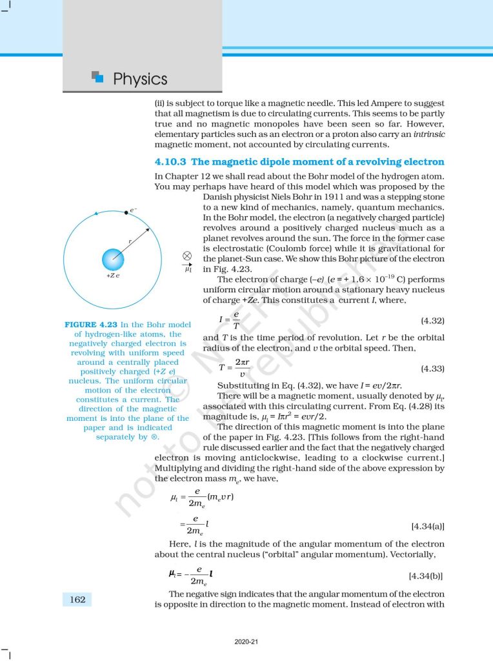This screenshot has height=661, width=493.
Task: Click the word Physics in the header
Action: tap(140, 79)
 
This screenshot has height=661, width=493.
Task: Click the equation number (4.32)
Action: tap(432, 320)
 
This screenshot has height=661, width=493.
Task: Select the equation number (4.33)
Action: tap(432, 368)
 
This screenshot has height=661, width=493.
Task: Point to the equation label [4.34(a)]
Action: tap(427, 526)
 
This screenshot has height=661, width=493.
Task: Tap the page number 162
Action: tap(77, 600)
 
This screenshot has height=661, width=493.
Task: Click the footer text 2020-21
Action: tap(246, 642)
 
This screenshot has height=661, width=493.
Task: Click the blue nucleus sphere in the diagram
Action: tap(113, 260)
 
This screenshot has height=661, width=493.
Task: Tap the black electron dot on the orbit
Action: tap(126, 212)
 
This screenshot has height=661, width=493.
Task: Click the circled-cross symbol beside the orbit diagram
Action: tap(187, 256)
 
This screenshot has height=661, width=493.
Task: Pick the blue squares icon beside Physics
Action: tap(98, 77)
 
